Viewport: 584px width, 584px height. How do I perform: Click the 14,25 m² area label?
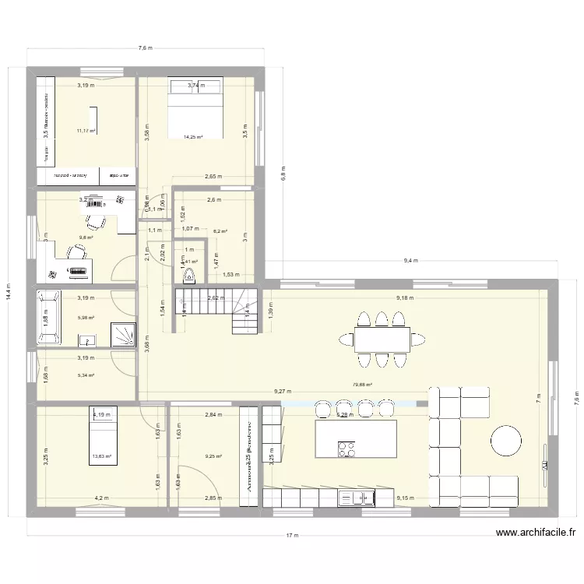click(x=193, y=138)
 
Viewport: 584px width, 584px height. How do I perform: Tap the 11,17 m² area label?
click(x=86, y=131)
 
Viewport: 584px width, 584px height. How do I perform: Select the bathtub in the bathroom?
click(x=51, y=317)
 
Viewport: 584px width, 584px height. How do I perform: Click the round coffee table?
click(x=506, y=441)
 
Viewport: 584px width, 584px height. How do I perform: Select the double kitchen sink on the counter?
click(x=360, y=497)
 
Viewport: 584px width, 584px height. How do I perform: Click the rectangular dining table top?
click(x=382, y=339)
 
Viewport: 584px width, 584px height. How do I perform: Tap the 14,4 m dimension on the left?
click(x=9, y=295)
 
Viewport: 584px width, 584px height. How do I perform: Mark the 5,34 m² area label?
click(x=86, y=375)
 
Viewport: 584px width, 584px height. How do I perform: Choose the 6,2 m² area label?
click(x=221, y=231)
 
